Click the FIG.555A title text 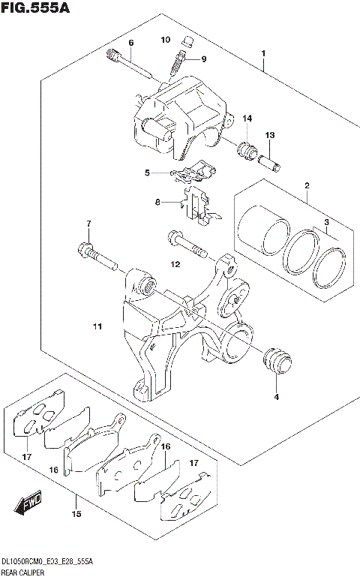point(36,11)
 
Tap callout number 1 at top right point(263,53)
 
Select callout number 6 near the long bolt point(130,42)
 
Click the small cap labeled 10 point(187,42)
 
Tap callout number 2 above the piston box point(307,186)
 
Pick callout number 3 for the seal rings point(326,223)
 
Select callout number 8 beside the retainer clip point(158,202)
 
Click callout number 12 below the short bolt point(175,264)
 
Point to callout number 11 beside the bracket point(96,326)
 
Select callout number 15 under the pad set point(76,515)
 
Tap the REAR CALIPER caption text point(22,572)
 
